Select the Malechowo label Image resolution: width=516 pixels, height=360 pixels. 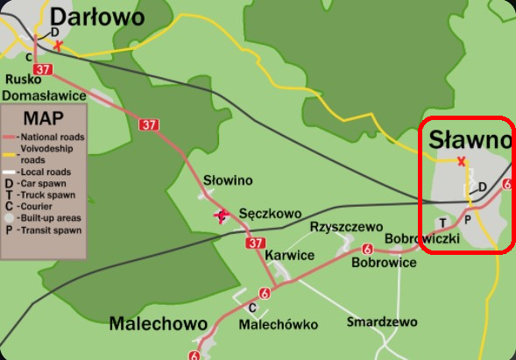158,324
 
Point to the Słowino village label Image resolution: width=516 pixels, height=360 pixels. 228,180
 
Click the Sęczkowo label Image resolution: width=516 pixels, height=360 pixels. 270,213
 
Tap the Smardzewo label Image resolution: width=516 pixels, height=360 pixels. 382,322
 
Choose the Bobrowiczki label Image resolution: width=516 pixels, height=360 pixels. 422,238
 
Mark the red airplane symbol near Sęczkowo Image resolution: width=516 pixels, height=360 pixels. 220,215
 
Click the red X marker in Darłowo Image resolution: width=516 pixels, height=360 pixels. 58,45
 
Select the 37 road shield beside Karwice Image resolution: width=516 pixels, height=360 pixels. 255,243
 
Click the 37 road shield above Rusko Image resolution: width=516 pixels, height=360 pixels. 43,68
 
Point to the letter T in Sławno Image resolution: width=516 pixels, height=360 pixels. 442,222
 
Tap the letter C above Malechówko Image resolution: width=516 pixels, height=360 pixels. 252,307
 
